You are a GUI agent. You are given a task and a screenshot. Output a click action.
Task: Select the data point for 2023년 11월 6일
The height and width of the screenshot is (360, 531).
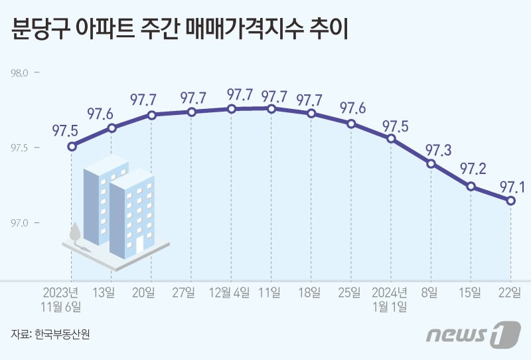click(x=72, y=145)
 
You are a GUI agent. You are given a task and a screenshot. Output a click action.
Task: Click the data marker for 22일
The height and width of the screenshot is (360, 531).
click(x=510, y=201)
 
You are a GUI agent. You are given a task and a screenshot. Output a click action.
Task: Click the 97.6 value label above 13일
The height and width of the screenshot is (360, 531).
click(x=100, y=112)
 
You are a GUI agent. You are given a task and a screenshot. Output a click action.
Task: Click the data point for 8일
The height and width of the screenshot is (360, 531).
click(x=431, y=163)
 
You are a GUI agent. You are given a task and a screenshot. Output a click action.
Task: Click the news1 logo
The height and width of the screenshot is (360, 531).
click(x=472, y=334)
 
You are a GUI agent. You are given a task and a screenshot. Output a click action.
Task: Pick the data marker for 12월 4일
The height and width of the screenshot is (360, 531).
click(x=231, y=109)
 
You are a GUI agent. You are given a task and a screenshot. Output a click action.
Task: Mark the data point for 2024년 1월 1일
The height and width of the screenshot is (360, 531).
click(x=391, y=139)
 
